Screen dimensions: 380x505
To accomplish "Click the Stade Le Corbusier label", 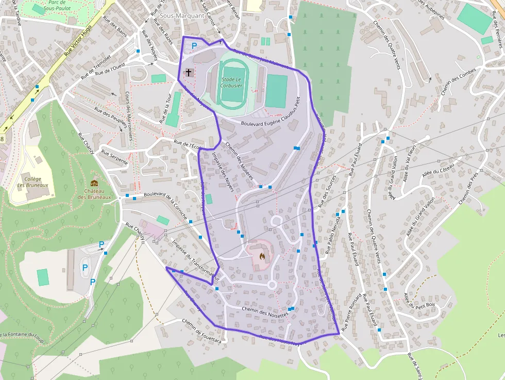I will (231, 82).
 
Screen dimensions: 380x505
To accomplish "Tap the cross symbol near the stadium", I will (189, 72).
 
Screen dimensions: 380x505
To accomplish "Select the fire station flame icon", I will (262, 255).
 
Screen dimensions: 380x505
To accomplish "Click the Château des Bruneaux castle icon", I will (94, 183).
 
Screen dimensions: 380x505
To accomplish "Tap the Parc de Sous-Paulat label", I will (57, 5).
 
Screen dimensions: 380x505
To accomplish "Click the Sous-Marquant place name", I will (182, 15).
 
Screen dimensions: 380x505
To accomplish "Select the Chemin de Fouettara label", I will (201, 330).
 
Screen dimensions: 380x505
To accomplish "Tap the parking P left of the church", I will (194, 46).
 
